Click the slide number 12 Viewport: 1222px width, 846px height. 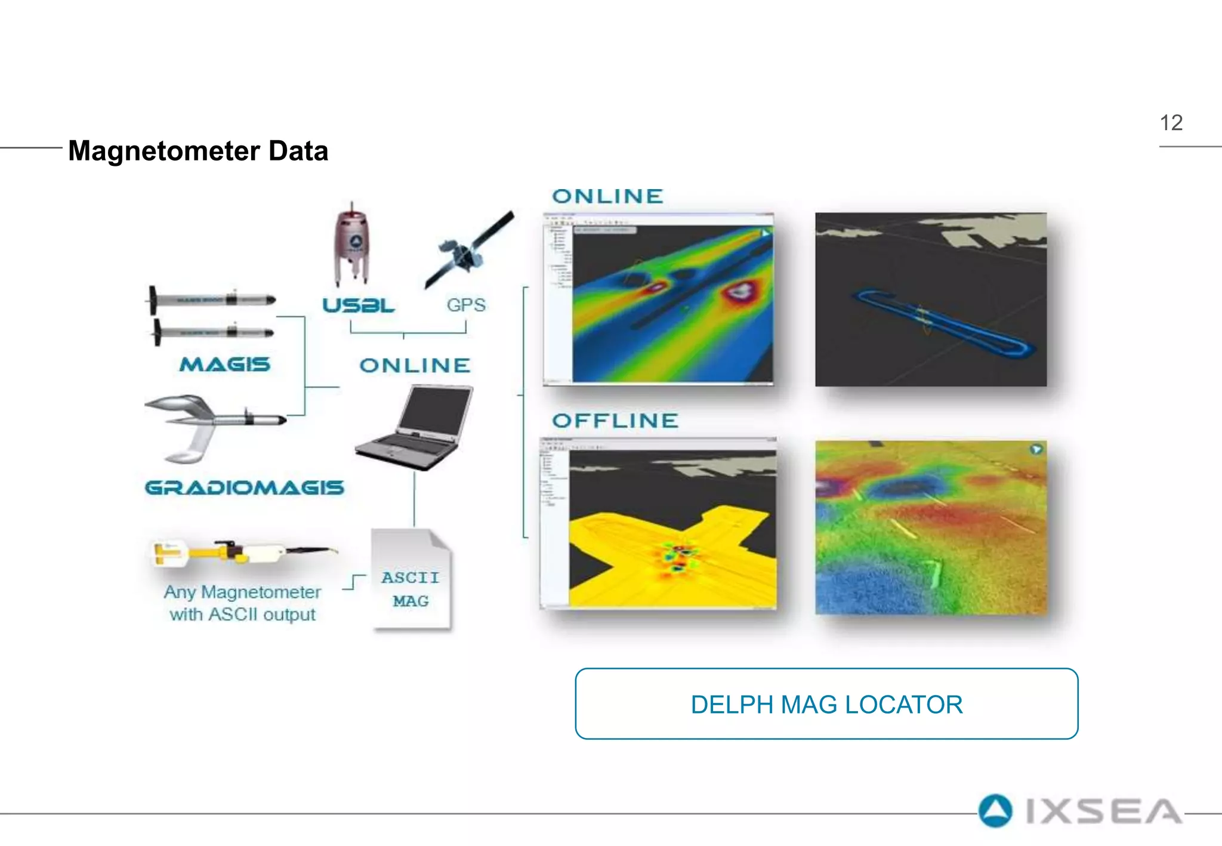click(x=1171, y=123)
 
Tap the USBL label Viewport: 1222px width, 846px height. click(x=358, y=305)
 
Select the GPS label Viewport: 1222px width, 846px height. click(x=466, y=305)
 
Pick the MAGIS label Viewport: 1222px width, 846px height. click(x=225, y=364)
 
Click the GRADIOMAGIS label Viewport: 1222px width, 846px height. click(x=245, y=487)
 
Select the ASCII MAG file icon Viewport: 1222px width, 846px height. click(x=411, y=579)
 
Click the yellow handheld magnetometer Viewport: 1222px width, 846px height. click(x=239, y=551)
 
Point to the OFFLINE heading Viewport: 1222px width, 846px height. click(x=615, y=421)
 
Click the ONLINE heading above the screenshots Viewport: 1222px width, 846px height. click(x=607, y=196)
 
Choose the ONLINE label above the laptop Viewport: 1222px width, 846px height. click(x=415, y=365)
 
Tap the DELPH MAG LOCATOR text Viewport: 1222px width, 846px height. click(x=826, y=705)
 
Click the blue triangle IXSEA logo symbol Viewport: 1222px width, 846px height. click(x=995, y=811)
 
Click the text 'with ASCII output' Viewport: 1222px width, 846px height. click(x=242, y=614)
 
